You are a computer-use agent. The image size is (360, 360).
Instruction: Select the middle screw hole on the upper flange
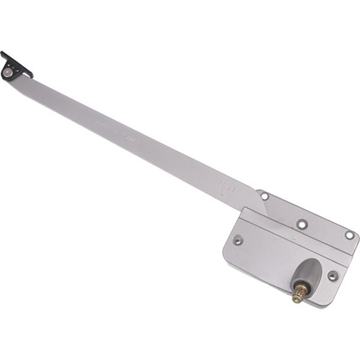pyautogui.click(x=301, y=223)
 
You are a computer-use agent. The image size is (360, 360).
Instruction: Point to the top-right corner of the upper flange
pyautogui.click(x=358, y=236)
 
